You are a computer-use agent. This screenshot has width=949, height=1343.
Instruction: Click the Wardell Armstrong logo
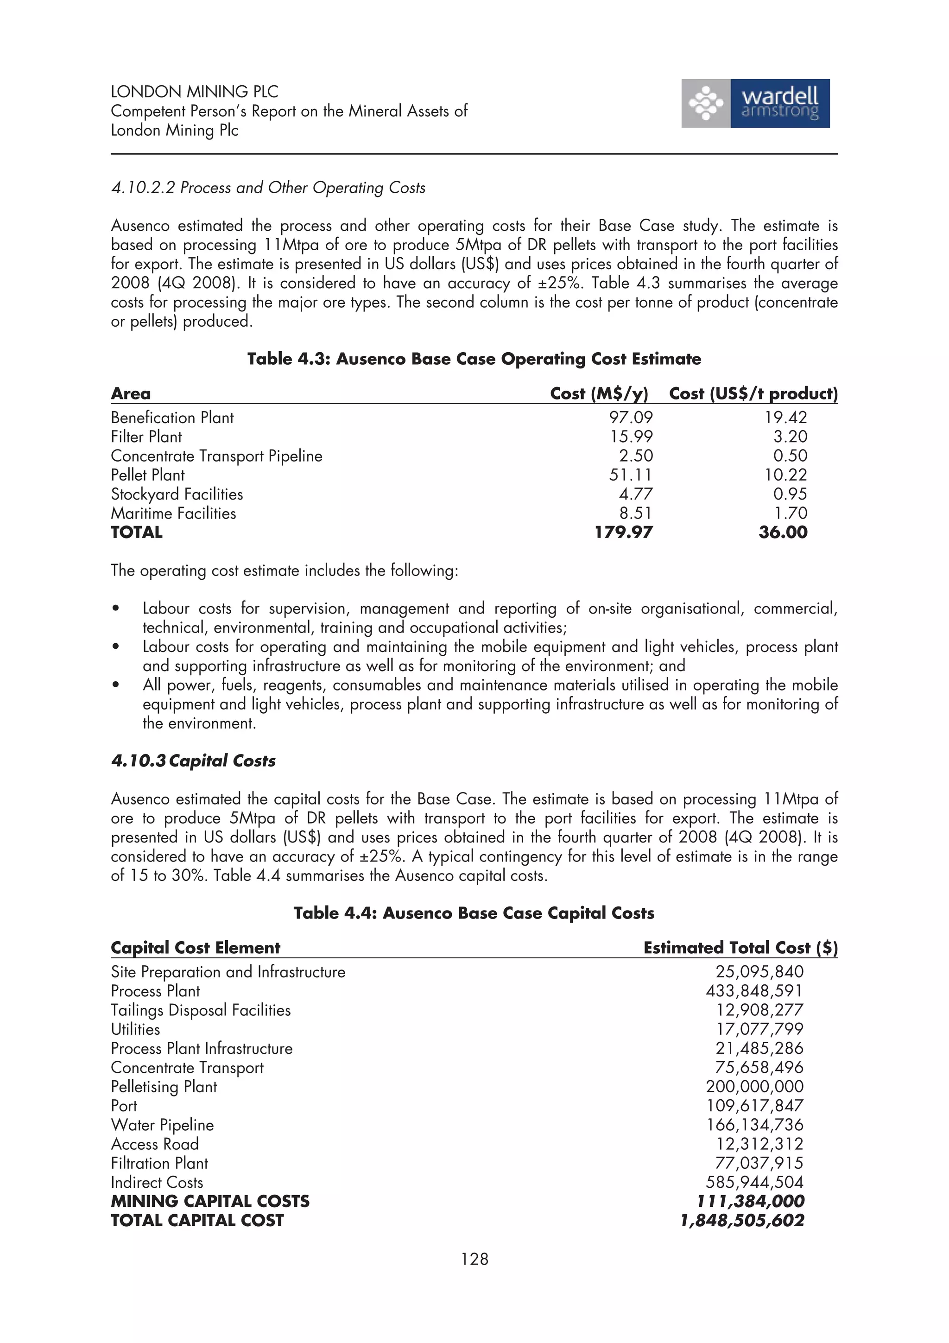tap(755, 103)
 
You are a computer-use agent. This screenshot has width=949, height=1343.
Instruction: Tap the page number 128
tap(474, 1258)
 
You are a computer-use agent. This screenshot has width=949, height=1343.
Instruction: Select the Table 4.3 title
tap(474, 359)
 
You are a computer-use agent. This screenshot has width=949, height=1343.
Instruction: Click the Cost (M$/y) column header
tap(599, 393)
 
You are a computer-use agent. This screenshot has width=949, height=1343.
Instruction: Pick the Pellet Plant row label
tap(147, 475)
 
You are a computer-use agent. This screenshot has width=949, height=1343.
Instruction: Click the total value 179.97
tap(623, 532)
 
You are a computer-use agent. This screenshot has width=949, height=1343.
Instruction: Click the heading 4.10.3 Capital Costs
tap(193, 761)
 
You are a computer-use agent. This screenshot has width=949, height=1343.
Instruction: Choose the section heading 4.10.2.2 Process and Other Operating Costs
tap(268, 188)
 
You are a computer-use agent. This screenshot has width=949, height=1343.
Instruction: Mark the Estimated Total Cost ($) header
tap(740, 948)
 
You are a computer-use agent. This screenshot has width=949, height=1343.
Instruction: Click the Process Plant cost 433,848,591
tap(754, 991)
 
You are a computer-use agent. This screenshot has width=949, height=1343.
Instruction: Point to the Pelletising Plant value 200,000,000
tap(754, 1087)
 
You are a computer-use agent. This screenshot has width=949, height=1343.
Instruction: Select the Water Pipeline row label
tap(162, 1125)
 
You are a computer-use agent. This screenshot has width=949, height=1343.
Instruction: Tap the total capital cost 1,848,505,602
tap(742, 1221)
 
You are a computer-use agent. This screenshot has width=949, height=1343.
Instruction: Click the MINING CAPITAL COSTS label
tap(210, 1202)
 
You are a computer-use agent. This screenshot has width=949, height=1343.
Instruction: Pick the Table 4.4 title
tap(474, 913)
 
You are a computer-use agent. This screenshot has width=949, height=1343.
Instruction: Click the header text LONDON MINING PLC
tap(194, 92)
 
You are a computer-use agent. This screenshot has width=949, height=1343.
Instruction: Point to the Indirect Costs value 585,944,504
tap(754, 1182)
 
